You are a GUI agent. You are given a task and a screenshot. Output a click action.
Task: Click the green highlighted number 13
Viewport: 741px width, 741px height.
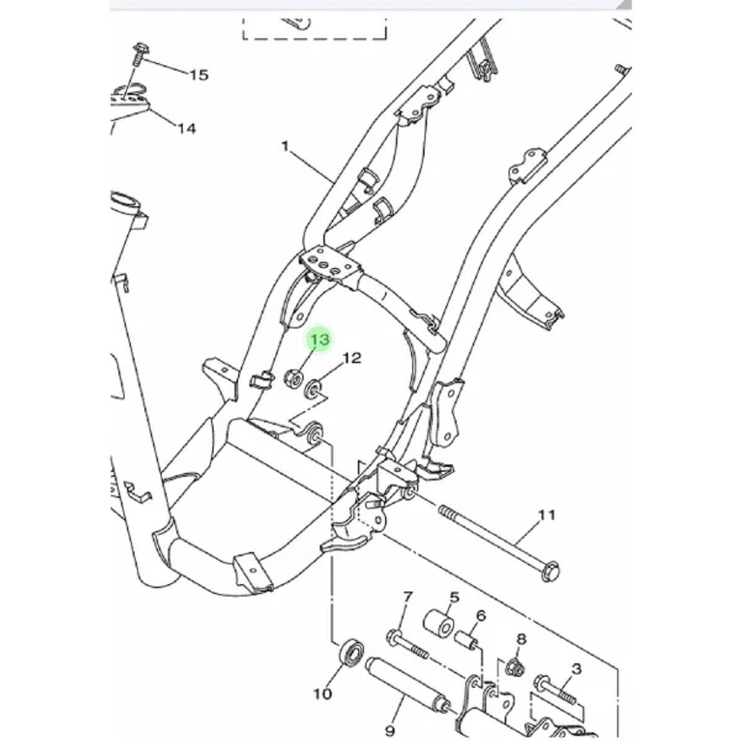pos(319,339)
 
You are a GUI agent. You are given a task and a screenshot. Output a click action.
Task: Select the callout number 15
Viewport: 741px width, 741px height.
pos(198,75)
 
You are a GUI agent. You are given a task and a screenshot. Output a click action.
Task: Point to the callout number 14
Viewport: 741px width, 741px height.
pos(187,128)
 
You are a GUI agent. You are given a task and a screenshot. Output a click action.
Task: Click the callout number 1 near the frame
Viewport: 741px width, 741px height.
pos(285,146)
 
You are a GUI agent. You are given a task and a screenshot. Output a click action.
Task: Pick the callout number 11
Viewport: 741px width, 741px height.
pos(546,515)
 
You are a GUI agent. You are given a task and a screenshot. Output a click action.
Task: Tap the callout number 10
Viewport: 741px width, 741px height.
pos(323,694)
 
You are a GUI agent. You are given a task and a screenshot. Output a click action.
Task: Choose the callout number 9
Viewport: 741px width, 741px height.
pos(389,731)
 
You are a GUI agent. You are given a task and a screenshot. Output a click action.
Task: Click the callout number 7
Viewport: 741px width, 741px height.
pos(407,597)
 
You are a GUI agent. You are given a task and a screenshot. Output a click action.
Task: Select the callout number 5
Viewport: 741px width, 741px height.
pos(454,597)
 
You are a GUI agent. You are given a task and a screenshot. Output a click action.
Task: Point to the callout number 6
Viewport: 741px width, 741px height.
pos(481,616)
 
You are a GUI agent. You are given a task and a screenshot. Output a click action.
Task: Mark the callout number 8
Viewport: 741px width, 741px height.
pos(521,640)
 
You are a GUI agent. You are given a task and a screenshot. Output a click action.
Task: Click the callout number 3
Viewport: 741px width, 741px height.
pos(576,669)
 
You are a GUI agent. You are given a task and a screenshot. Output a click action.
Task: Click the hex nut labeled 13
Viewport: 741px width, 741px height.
pos(292,378)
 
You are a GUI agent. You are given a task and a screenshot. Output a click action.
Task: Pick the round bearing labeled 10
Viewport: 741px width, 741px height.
pos(352,652)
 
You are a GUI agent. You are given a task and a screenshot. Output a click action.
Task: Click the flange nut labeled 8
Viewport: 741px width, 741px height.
pos(515,666)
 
